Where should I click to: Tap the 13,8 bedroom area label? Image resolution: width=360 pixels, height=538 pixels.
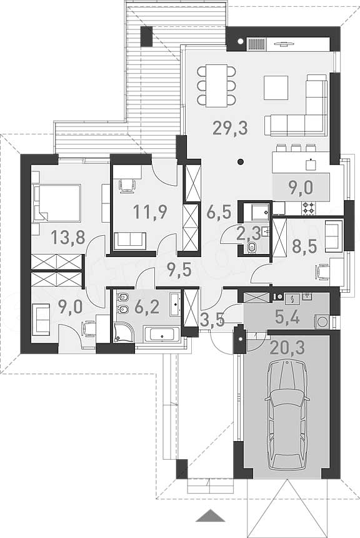(x=68, y=237)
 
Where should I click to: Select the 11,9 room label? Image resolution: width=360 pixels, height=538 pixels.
(x=150, y=211)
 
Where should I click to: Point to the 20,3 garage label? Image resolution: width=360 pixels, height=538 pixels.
(x=287, y=348)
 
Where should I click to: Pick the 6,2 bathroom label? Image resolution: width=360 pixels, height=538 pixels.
(x=147, y=307)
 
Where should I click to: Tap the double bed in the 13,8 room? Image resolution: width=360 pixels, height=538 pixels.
(x=57, y=203)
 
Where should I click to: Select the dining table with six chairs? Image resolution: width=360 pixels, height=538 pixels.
(x=217, y=84)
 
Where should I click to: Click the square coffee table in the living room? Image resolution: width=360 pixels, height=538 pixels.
(x=276, y=88)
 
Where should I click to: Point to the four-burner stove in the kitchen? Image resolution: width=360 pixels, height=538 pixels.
(x=309, y=208)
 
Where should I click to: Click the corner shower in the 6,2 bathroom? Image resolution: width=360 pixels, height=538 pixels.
(x=123, y=331)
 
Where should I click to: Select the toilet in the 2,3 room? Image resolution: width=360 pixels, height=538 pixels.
(x=251, y=247)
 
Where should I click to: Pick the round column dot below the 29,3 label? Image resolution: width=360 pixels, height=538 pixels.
(x=241, y=161)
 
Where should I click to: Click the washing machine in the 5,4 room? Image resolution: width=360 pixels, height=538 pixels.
(x=321, y=322)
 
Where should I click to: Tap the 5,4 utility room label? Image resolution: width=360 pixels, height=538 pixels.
(x=287, y=318)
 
